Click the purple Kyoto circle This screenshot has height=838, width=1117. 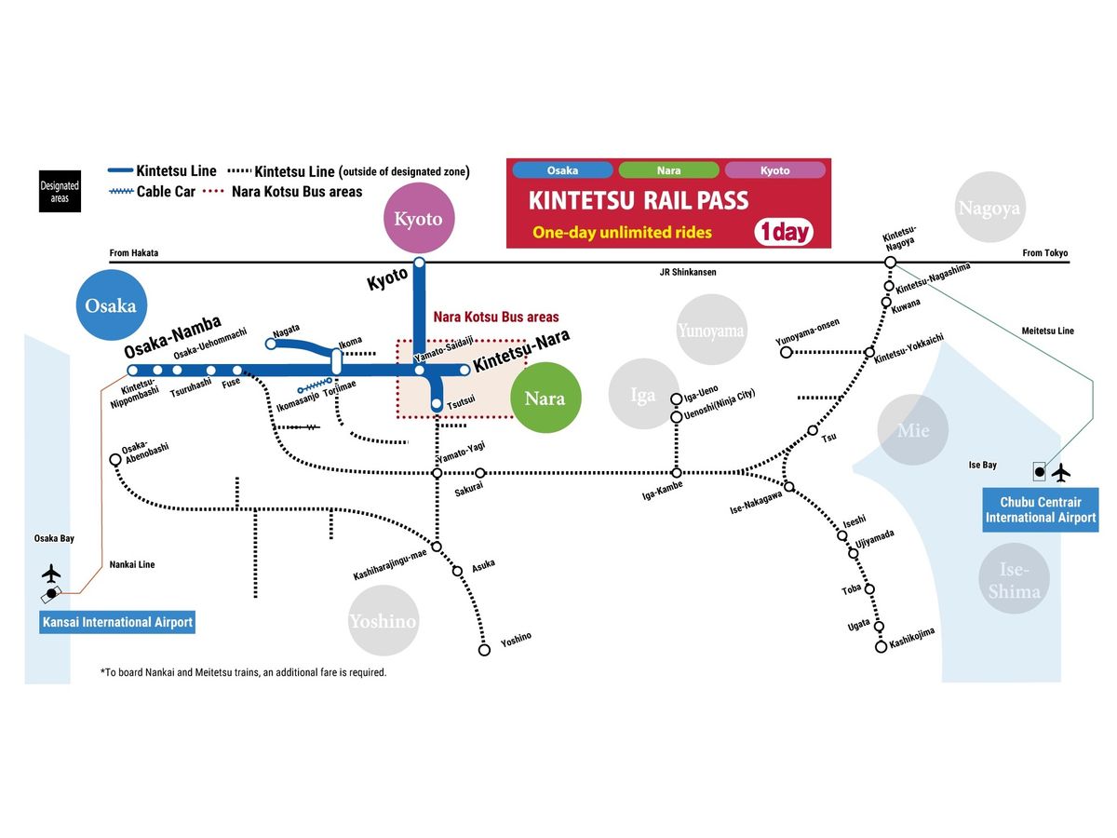click(x=419, y=221)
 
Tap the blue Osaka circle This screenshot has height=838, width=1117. click(x=111, y=305)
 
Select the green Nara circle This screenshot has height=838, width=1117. click(x=545, y=398)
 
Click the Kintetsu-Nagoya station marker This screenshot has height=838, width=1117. click(x=890, y=263)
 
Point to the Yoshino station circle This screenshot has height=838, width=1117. click(x=484, y=650)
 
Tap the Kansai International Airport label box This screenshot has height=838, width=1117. click(x=117, y=622)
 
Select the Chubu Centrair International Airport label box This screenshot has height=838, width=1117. click(x=1041, y=510)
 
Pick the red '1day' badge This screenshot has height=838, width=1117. click(x=784, y=231)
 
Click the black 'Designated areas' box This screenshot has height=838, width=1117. click(x=60, y=191)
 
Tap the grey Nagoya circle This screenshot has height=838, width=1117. click(x=989, y=209)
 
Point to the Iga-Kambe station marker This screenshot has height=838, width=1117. click(x=677, y=473)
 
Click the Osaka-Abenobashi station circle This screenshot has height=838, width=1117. click(x=114, y=460)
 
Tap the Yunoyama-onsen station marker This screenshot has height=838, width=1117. click(x=786, y=353)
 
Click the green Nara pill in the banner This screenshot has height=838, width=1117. click(x=668, y=170)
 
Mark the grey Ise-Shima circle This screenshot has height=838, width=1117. click(x=1014, y=579)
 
